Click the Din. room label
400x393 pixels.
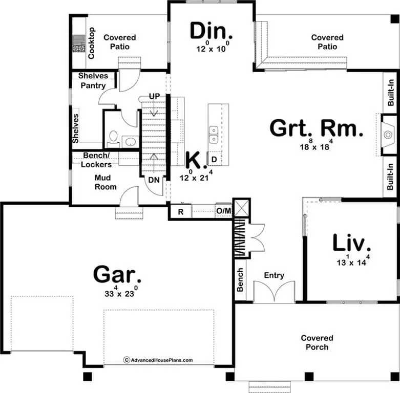coord(211,31)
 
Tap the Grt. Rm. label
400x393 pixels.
coord(317,128)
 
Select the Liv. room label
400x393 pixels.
coord(351,243)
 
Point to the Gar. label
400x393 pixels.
coord(117,274)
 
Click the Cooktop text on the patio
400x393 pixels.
coord(91,43)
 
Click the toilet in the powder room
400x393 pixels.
coord(113,138)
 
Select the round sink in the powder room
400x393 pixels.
coord(131,142)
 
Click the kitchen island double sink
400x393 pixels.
coord(214,135)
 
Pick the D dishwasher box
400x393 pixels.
coord(214,159)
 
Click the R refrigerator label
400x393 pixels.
coord(181,212)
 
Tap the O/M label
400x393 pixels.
coord(223,211)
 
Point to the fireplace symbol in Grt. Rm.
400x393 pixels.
coord(388,135)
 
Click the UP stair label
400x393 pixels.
coord(154,96)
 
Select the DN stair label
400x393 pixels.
coord(154,180)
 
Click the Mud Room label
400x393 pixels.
coord(106,182)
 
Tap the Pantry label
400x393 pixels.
coord(93,85)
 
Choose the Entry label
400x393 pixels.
coord(274,275)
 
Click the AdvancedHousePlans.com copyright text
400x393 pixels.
coord(158,360)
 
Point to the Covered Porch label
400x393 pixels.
coord(317,342)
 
